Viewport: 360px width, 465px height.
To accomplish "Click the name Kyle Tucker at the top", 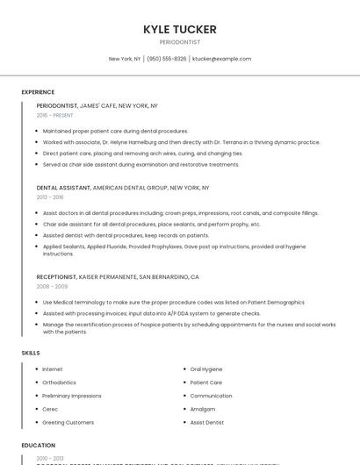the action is click(x=179, y=29).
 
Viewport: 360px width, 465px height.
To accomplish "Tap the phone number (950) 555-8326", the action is click(x=167, y=59).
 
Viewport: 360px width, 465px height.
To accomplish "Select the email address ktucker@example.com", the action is click(x=221, y=59).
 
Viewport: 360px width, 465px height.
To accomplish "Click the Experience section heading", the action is click(x=38, y=92).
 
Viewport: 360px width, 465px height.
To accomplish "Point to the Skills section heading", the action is click(x=31, y=353).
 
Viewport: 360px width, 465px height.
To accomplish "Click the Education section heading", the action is click(x=39, y=445).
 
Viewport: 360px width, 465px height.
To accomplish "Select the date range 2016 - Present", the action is click(x=54, y=115).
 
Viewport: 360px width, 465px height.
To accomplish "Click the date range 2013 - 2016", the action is click(x=50, y=197).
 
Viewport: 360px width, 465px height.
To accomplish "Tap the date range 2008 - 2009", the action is click(x=52, y=286).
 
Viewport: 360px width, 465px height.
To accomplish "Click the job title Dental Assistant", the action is click(x=63, y=188).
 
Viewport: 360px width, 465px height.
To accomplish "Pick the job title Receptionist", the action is click(x=57, y=277).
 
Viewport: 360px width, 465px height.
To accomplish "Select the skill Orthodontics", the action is click(x=59, y=383).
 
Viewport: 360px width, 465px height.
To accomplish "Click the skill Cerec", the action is click(x=49, y=409).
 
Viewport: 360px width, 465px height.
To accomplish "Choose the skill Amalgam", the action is click(x=202, y=409).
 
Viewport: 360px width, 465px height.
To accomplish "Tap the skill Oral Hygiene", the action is click(x=206, y=369).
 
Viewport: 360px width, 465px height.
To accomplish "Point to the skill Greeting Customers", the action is click(x=68, y=422).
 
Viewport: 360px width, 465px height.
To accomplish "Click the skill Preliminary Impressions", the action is click(x=72, y=396).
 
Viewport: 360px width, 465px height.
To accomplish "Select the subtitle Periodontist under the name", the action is click(x=179, y=41).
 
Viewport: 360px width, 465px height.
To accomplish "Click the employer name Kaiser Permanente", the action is click(x=108, y=277).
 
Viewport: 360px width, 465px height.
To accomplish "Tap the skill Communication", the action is click(x=211, y=396).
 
